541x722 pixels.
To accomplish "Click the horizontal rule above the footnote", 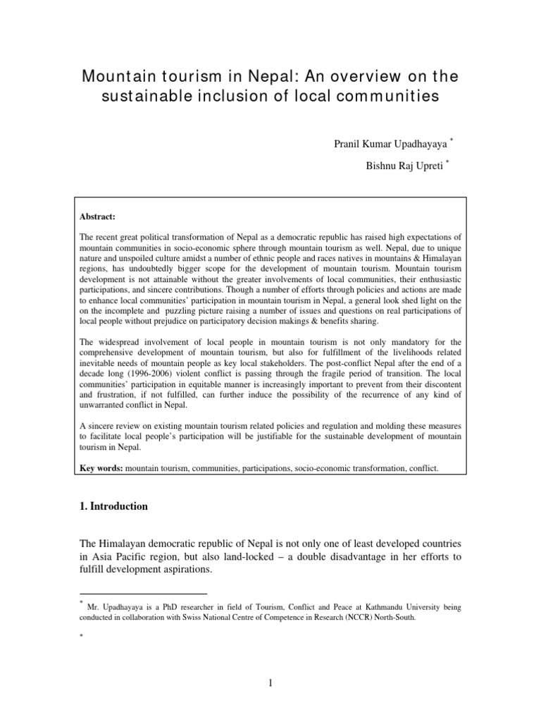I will coord(143,594).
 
